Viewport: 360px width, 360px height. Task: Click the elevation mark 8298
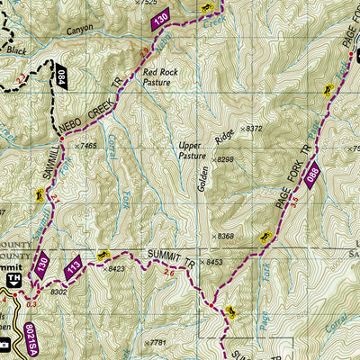coord(220,159)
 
